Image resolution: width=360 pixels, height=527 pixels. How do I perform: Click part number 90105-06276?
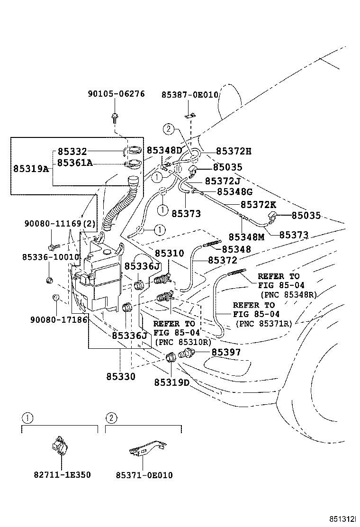(x=116, y=94)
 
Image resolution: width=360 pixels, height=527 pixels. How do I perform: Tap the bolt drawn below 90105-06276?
(x=115, y=116)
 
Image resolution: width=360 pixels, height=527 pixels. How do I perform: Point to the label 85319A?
(x=31, y=168)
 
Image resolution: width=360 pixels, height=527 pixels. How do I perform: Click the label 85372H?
(x=233, y=151)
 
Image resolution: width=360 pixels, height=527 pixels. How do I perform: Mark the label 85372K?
(x=259, y=205)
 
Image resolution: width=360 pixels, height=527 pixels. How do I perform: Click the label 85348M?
(x=246, y=236)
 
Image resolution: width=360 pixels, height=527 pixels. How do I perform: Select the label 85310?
(x=170, y=254)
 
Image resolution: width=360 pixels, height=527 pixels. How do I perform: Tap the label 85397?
(x=226, y=352)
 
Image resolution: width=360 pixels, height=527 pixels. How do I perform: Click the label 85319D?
(x=171, y=382)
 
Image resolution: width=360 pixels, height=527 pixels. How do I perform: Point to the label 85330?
(x=120, y=377)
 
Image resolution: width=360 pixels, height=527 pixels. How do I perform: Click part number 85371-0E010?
(x=144, y=474)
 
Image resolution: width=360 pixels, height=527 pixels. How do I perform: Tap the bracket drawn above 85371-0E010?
(x=147, y=448)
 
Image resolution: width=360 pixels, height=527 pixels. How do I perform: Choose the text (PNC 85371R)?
(x=264, y=324)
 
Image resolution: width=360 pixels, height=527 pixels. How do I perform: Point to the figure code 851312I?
(x=342, y=519)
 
